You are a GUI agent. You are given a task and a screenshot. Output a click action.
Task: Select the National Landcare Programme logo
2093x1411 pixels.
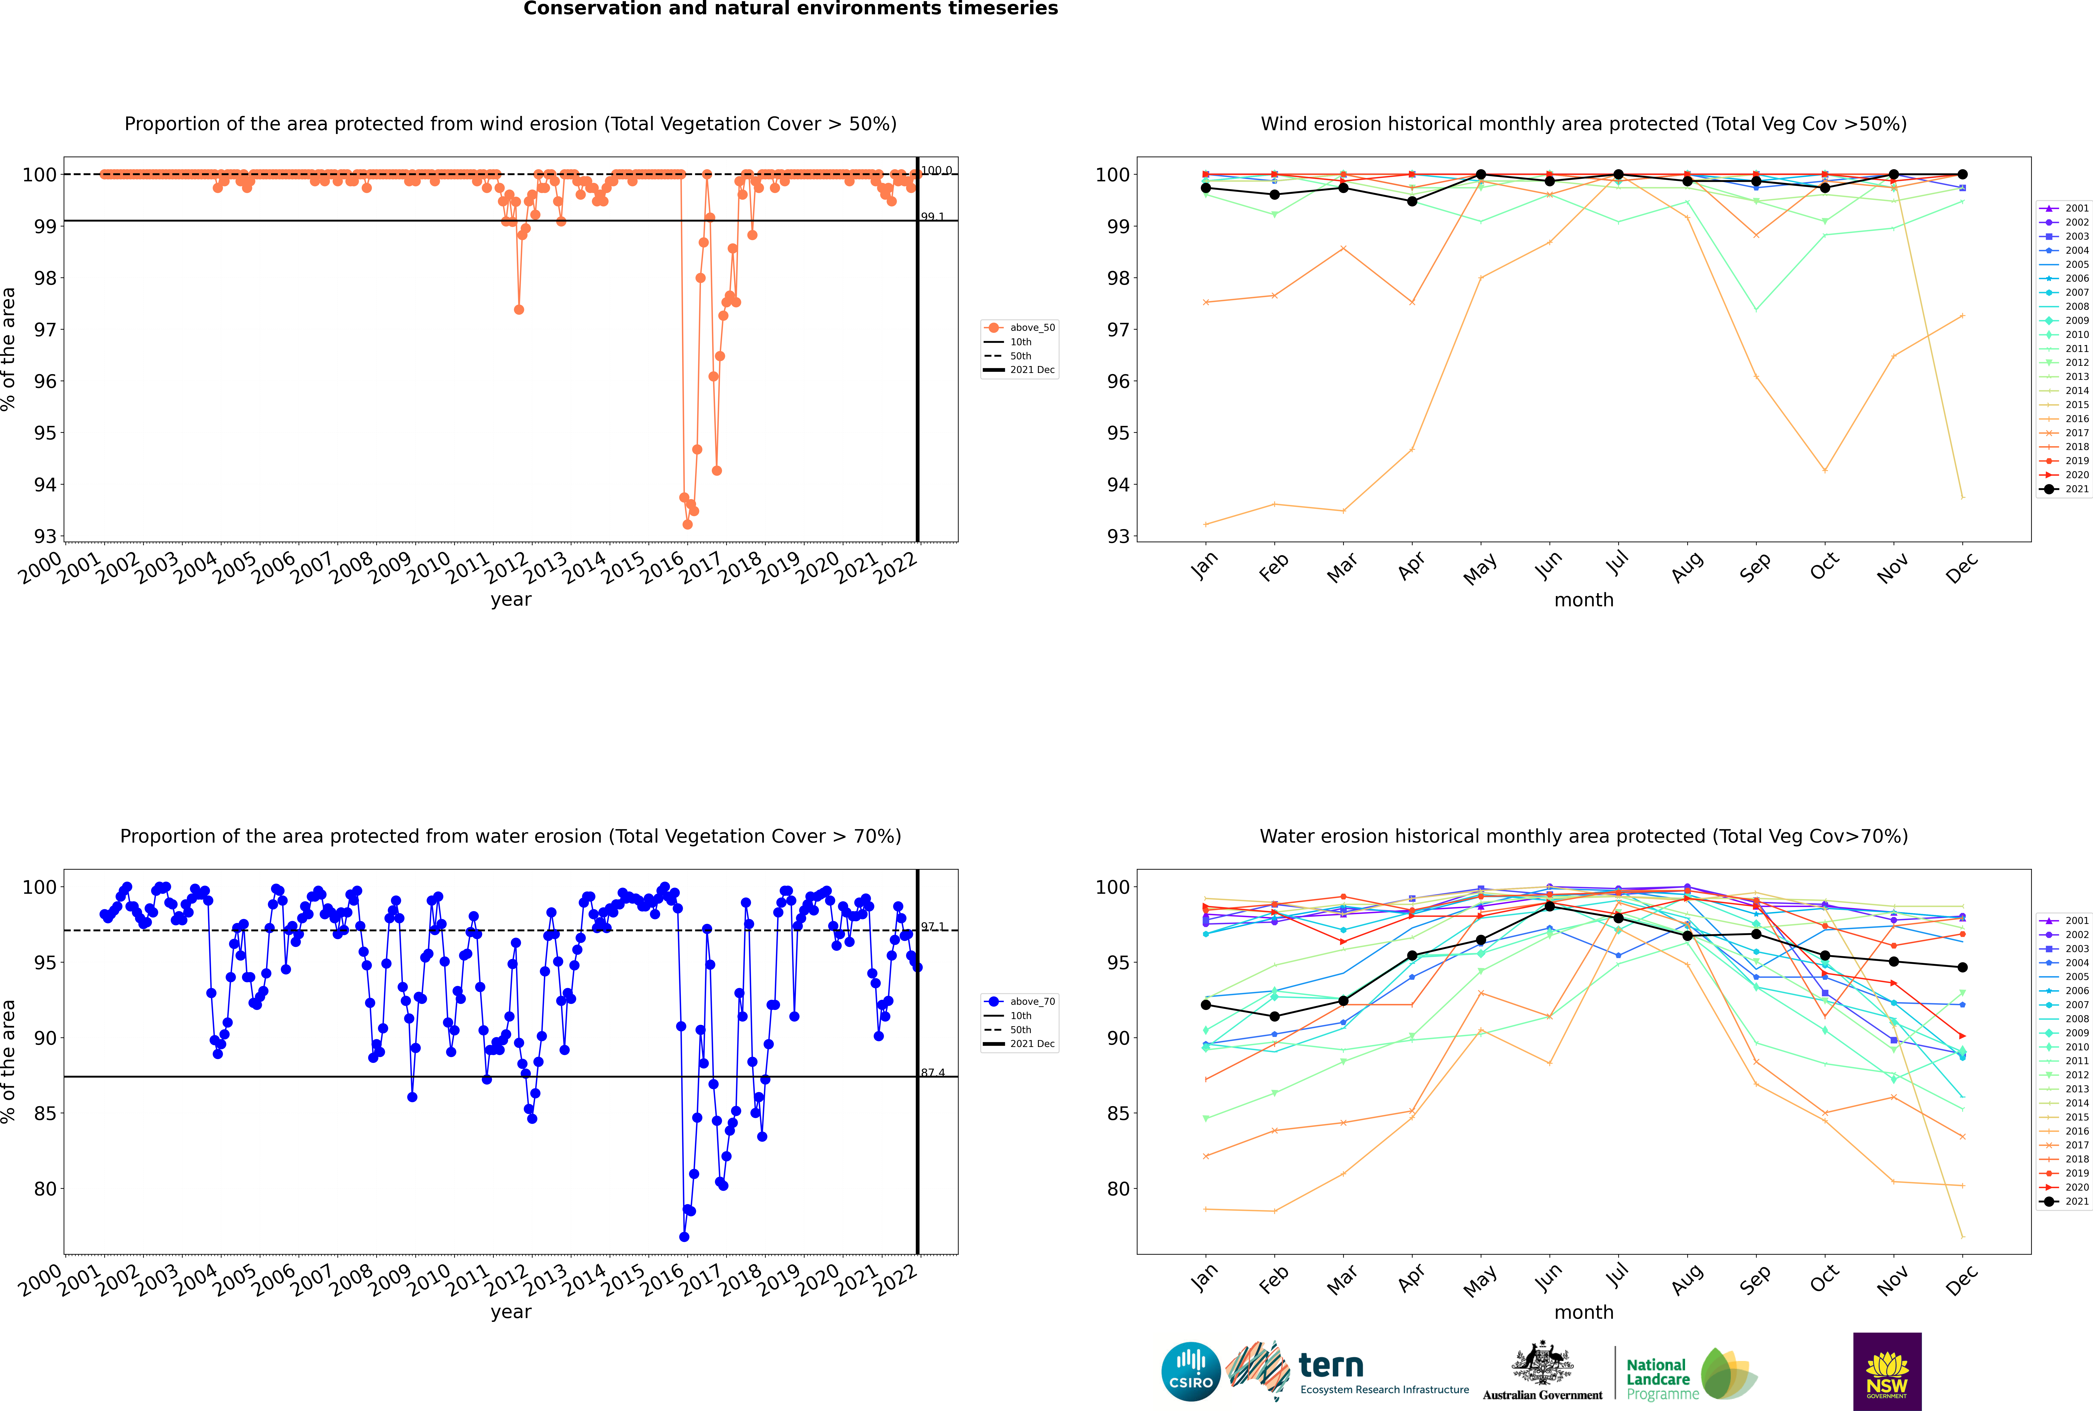coord(1690,1374)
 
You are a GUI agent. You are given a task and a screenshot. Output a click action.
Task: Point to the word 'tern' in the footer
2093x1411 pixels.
coord(1331,1365)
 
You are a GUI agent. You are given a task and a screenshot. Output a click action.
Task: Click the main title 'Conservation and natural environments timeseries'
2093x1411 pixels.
coord(790,9)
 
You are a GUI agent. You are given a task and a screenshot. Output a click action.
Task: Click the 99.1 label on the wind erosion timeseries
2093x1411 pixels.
coord(932,217)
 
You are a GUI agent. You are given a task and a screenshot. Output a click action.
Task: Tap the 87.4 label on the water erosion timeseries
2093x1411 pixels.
coord(932,1073)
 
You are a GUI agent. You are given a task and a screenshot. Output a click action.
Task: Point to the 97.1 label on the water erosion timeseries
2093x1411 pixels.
coord(932,927)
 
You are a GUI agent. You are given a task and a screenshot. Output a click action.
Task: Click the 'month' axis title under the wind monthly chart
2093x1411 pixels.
coord(1584,600)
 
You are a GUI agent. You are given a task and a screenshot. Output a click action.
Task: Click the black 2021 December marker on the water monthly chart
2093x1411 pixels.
coord(1963,967)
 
